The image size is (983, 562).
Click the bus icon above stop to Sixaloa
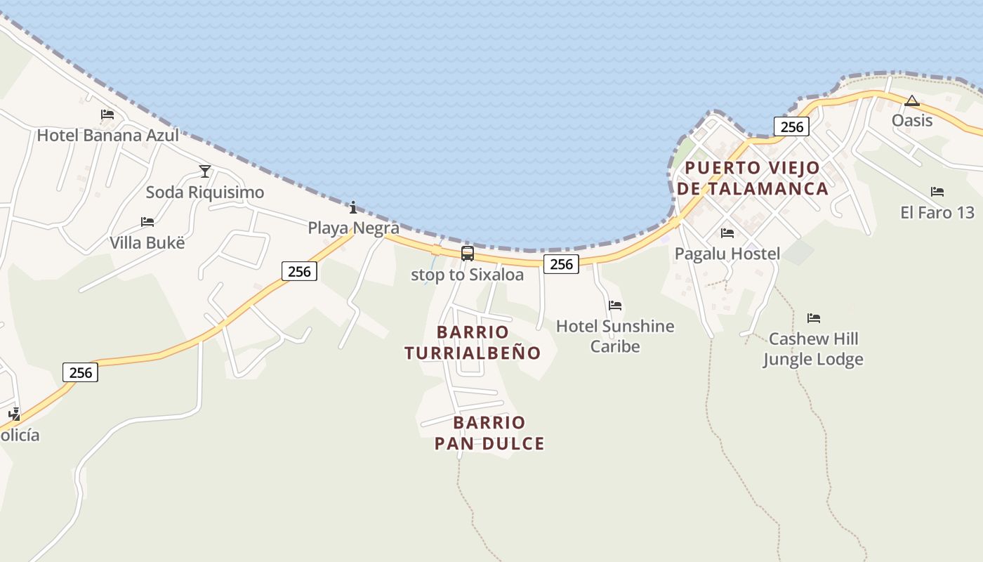(468, 254)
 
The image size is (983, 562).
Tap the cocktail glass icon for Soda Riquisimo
(205, 171)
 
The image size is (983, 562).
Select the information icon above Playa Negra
(353, 207)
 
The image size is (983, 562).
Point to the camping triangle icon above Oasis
(912, 100)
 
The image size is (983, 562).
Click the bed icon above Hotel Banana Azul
(107, 114)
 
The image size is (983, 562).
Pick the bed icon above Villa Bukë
(147, 222)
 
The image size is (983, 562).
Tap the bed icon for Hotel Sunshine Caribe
(615, 306)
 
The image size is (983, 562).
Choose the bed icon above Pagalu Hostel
(727, 233)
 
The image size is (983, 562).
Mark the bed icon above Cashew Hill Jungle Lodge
(814, 318)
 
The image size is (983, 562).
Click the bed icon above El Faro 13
(937, 192)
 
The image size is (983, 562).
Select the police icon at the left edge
(14, 414)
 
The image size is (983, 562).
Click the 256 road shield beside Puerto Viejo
(791, 126)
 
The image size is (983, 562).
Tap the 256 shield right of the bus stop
(561, 264)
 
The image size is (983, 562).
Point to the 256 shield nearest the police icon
(80, 372)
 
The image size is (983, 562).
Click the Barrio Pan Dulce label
(489, 433)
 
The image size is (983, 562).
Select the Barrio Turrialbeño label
(473, 342)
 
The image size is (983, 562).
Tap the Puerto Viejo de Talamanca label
(752, 178)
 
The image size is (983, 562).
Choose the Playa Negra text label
(354, 228)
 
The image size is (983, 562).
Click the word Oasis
(912, 120)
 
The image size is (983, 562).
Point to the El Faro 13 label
(937, 212)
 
